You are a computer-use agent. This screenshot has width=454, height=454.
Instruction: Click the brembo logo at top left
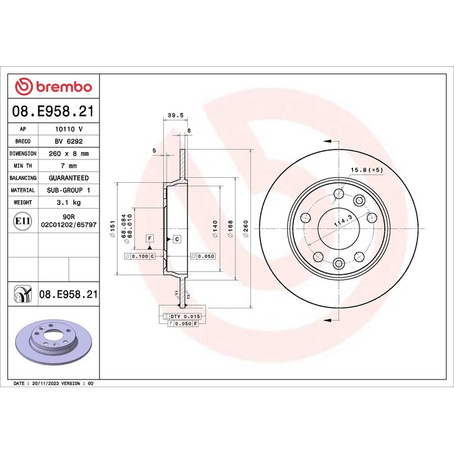click(x=54, y=87)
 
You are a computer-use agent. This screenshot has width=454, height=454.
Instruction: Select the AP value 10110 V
click(x=69, y=129)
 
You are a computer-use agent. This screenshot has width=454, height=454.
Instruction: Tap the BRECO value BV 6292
click(x=69, y=141)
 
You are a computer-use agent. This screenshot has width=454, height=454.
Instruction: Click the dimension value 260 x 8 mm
click(x=69, y=153)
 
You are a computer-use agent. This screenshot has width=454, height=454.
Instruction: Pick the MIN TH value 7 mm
click(x=69, y=166)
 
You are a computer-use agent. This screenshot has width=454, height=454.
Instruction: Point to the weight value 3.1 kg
click(x=69, y=202)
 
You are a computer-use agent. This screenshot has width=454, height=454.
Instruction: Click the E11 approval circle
click(x=23, y=221)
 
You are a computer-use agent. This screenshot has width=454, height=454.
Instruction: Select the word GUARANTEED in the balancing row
click(x=69, y=178)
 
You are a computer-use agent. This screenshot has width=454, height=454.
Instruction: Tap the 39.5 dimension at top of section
click(x=175, y=115)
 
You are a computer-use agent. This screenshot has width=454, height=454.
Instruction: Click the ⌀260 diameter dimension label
click(x=246, y=229)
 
